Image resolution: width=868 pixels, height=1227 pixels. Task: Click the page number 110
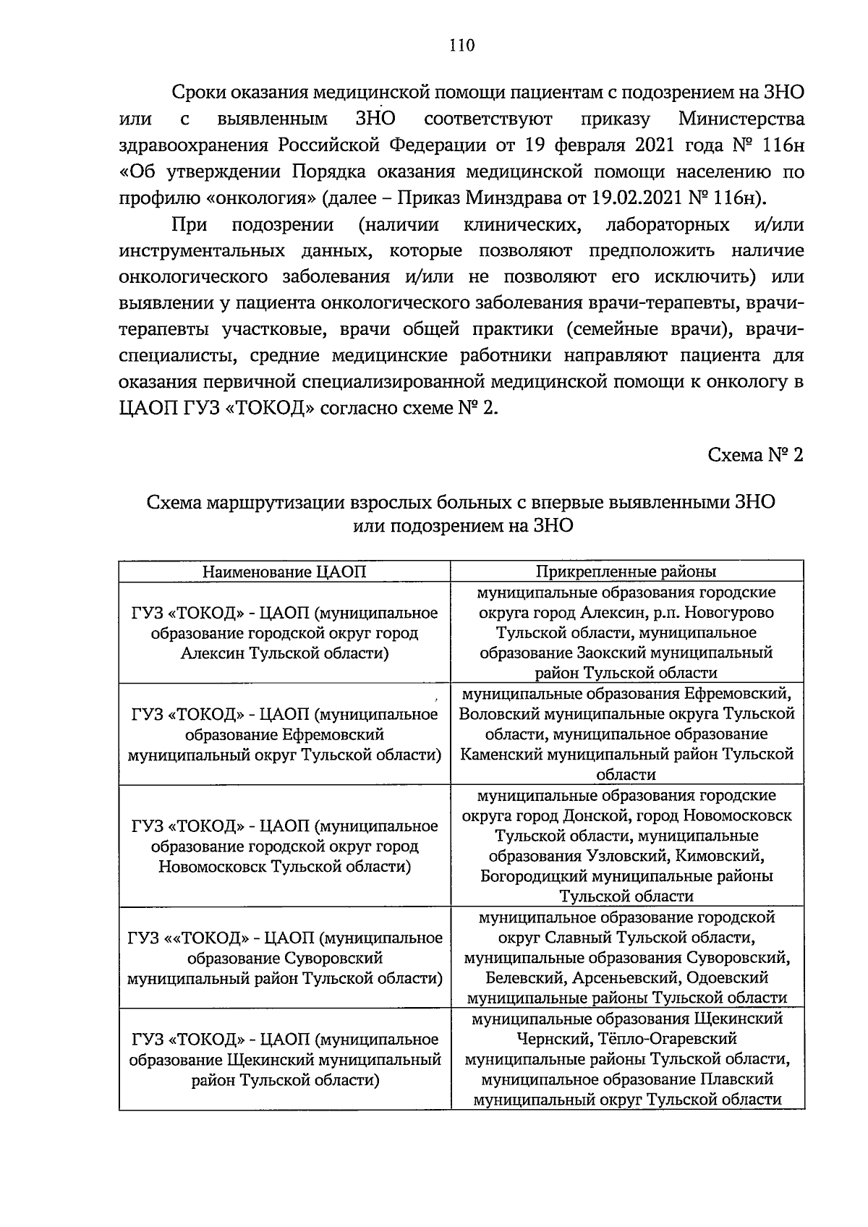click(x=461, y=46)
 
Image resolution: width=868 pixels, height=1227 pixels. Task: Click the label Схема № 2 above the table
click(x=755, y=455)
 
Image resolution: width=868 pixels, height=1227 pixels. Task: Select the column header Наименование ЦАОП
click(x=284, y=572)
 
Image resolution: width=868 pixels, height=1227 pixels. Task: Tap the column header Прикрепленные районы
click(x=626, y=572)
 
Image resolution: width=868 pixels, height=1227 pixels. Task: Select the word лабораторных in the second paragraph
click(x=667, y=225)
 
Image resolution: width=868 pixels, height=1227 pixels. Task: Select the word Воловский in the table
click(x=494, y=714)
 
